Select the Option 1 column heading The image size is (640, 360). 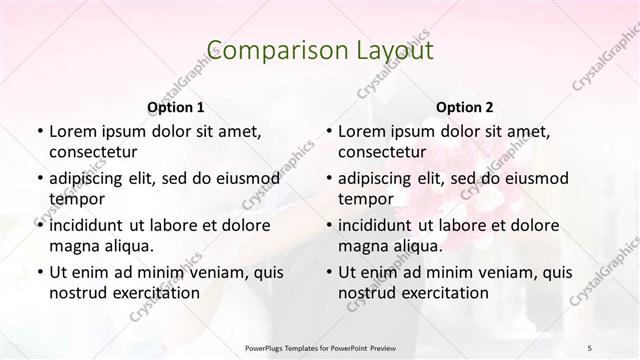click(175, 107)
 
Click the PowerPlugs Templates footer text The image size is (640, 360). click(320, 348)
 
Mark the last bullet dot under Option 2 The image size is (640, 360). click(328, 272)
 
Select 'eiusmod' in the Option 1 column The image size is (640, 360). click(247, 178)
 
